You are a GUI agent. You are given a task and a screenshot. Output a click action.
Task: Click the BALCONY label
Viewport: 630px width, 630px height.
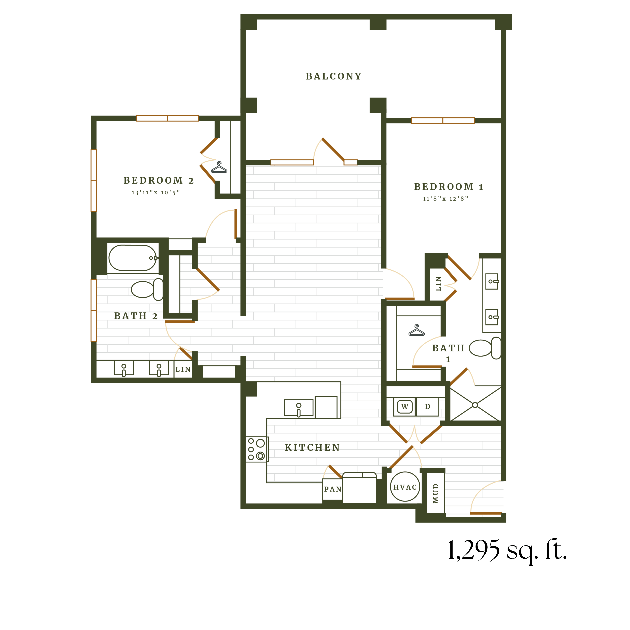(x=334, y=76)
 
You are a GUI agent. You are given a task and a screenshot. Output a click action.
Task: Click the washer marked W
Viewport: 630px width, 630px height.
(x=405, y=407)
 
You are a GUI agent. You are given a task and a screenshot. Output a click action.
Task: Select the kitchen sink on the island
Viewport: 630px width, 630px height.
(x=298, y=408)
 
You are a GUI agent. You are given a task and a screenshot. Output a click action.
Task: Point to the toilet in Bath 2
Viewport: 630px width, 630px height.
(x=147, y=289)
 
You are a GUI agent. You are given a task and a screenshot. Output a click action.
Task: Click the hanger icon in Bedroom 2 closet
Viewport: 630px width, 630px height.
(x=219, y=168)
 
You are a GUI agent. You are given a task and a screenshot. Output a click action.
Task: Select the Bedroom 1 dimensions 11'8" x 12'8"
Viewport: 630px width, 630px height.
(x=445, y=199)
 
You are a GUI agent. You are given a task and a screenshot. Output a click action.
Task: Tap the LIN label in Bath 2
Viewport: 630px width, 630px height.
(x=183, y=370)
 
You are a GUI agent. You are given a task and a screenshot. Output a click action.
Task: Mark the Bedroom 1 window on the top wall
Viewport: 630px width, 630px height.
(x=443, y=121)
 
